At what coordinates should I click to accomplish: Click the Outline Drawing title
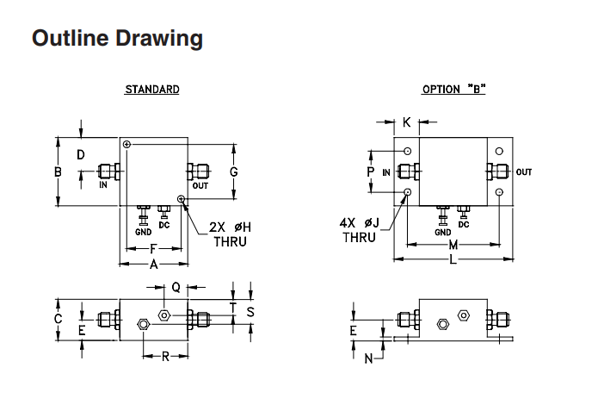117,38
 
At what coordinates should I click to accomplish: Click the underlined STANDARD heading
152,90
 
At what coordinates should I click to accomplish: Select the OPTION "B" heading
453,90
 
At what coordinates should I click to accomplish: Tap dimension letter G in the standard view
233,172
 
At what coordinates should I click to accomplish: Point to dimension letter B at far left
58,172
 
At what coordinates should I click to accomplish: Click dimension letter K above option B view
406,122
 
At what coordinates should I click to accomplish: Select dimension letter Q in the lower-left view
176,287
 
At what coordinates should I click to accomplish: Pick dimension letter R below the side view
165,357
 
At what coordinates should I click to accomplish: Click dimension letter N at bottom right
368,358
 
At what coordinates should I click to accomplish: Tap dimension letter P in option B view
370,172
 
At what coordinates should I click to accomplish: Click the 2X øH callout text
230,227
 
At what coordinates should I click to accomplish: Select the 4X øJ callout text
360,222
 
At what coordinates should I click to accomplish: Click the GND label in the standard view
144,232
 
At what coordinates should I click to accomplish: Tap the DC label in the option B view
464,225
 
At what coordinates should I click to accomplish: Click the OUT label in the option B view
524,172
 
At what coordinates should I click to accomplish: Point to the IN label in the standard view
103,185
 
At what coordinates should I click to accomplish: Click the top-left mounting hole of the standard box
127,144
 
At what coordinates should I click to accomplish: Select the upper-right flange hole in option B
499,152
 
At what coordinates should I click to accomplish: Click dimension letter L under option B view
453,260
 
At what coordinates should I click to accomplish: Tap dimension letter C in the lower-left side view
58,319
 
